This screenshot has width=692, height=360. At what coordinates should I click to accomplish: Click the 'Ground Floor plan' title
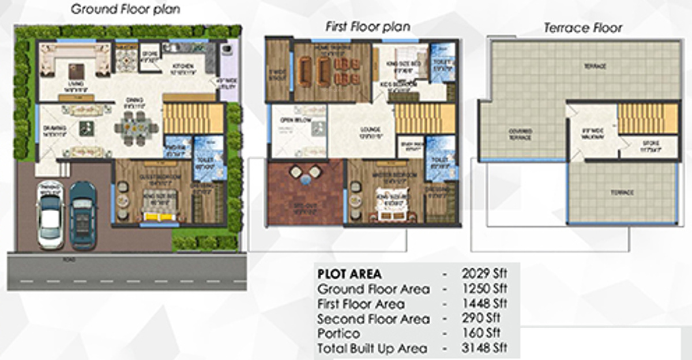click(125, 9)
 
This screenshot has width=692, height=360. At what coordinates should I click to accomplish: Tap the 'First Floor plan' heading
click(367, 27)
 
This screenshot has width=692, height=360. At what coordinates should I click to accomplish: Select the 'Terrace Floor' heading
click(583, 28)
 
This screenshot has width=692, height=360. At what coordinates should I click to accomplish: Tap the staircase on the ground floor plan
click(193, 118)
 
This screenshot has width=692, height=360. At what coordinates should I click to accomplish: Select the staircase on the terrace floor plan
click(647, 118)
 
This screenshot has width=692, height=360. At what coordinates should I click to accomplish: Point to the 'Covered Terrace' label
click(520, 134)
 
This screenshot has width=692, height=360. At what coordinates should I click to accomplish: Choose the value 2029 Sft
click(484, 274)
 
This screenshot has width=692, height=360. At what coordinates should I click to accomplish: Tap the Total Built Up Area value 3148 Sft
click(484, 348)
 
